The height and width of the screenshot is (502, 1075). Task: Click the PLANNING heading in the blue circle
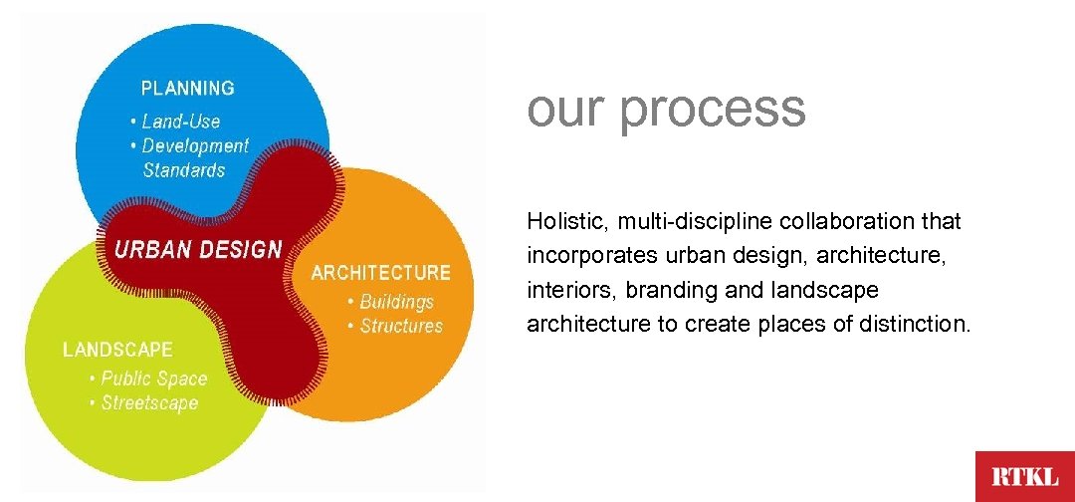click(188, 88)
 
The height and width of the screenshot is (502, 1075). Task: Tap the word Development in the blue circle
click(195, 145)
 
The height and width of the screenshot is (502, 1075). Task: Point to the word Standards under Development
click(184, 170)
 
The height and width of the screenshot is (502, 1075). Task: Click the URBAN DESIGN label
click(198, 249)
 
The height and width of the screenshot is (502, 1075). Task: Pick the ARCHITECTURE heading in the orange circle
click(381, 273)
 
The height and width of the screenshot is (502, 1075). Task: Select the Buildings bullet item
click(396, 301)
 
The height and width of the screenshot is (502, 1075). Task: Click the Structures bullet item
click(400, 326)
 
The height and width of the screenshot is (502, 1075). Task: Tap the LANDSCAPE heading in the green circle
click(117, 350)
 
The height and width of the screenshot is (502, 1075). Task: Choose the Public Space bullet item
click(153, 378)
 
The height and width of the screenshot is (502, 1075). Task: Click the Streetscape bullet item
click(149, 403)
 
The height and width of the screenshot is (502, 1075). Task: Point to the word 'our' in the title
click(565, 108)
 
